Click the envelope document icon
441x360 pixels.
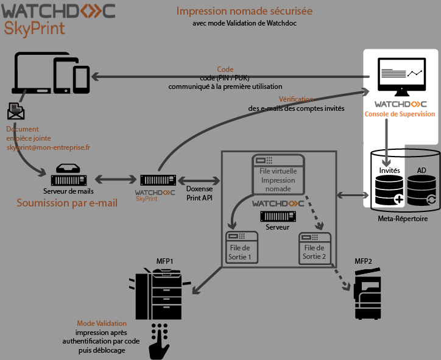point(16,111)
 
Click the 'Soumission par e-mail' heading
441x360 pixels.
point(67,203)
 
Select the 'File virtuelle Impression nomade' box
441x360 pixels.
point(278,174)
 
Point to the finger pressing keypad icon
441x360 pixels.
point(160,341)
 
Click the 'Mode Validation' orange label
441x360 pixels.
point(102,323)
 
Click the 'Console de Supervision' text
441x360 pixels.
point(400,114)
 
